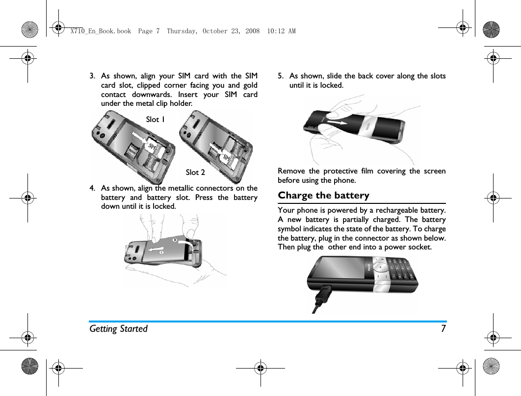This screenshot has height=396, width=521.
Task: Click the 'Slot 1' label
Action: pyautogui.click(x=155, y=119)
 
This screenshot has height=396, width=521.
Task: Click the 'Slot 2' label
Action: pyautogui.click(x=195, y=172)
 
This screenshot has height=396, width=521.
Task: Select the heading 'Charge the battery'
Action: pyautogui.click(x=323, y=195)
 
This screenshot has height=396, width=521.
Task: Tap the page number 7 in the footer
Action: pyautogui.click(x=443, y=328)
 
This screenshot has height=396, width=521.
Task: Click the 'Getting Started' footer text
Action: pyautogui.click(x=118, y=328)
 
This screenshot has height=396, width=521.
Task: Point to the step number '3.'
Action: pyautogui.click(x=92, y=76)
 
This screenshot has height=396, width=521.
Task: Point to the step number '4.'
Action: pyautogui.click(x=92, y=188)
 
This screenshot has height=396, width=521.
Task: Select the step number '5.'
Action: pyautogui.click(x=281, y=76)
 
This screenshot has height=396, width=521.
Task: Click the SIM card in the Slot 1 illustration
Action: pyautogui.click(x=152, y=146)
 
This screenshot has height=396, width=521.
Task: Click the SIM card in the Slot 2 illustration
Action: pyautogui.click(x=225, y=157)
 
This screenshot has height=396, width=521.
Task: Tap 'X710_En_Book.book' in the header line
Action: pyautogui.click(x=101, y=31)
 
